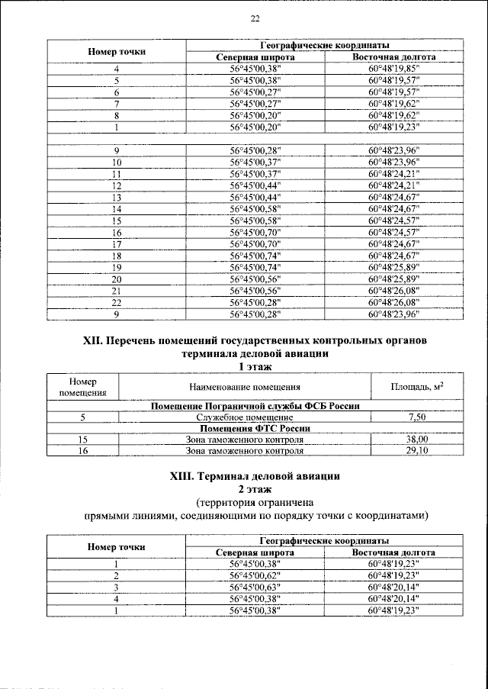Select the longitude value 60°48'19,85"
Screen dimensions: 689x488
click(393, 69)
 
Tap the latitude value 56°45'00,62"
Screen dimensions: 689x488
click(255, 575)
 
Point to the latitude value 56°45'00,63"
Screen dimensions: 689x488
click(255, 587)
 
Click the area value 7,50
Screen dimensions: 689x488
click(417, 417)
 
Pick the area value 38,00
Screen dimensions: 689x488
click(417, 439)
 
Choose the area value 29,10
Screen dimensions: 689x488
click(417, 451)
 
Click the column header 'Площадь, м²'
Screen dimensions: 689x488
click(417, 388)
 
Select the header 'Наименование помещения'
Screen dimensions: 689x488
click(245, 388)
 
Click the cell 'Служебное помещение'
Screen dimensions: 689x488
click(245, 417)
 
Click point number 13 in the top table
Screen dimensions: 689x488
click(117, 197)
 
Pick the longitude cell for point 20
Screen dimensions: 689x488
click(393, 279)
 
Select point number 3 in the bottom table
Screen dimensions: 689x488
click(117, 587)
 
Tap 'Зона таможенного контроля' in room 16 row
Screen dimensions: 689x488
click(245, 451)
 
